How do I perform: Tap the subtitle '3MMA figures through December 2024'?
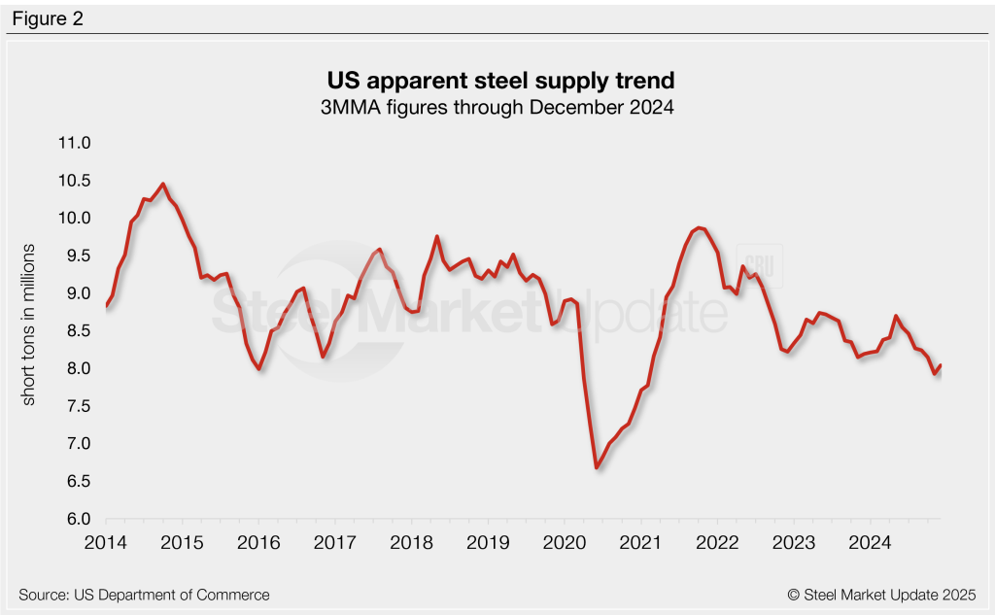click(x=497, y=107)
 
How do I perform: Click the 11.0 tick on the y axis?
click(x=73, y=143)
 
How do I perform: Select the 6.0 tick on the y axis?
click(x=76, y=519)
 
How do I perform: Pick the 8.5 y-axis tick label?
click(x=76, y=331)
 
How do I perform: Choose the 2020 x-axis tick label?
click(x=566, y=541)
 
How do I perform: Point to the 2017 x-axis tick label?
click(x=336, y=541)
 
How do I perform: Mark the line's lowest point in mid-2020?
click(x=596, y=468)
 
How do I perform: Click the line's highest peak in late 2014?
click(x=162, y=184)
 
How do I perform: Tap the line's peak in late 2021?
click(x=699, y=227)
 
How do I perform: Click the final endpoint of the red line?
click(x=941, y=365)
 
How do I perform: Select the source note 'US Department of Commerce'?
click(x=144, y=595)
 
